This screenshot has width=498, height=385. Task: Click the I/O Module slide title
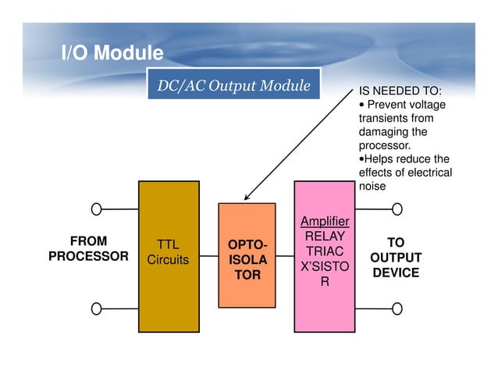click(112, 53)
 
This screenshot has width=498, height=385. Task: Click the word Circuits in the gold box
click(168, 259)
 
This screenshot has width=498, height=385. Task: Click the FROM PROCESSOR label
click(89, 248)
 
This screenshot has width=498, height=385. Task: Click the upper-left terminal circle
click(96, 209)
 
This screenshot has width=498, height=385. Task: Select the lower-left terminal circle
click(96, 308)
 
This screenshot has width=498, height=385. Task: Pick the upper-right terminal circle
click(397, 209)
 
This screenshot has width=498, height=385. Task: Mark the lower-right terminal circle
click(397, 308)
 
